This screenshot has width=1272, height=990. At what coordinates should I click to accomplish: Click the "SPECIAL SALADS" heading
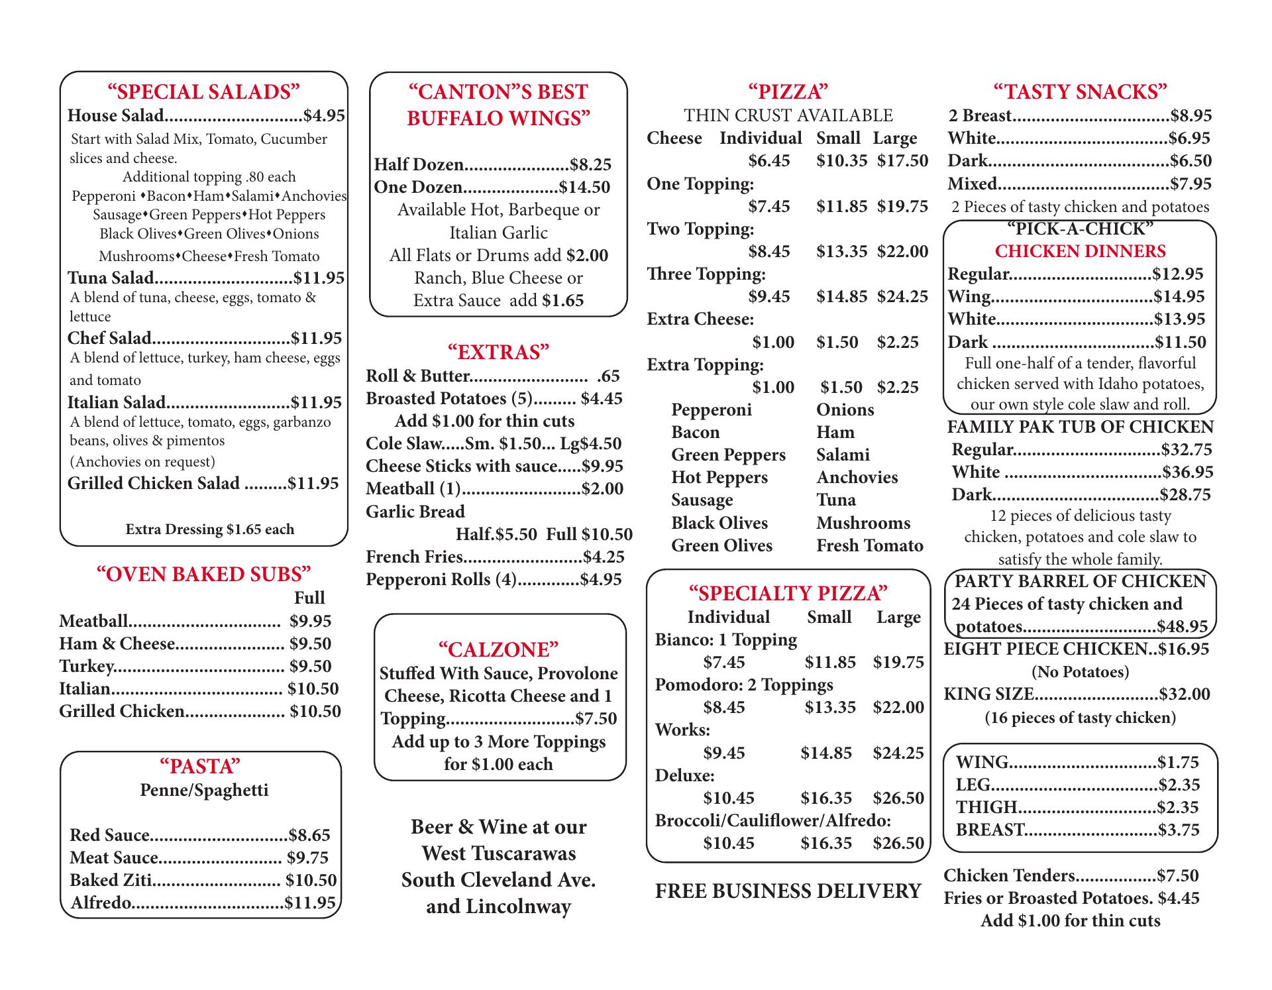pos(203,91)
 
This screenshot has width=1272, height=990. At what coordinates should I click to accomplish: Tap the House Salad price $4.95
pos(324,116)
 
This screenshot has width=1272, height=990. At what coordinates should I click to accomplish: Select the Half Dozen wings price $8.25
pos(590,164)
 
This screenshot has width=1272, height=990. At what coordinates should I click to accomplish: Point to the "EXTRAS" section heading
pos(498,352)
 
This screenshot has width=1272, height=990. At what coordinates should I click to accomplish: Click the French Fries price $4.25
pos(604,557)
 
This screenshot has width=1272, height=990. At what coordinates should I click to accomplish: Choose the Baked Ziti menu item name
pos(111,880)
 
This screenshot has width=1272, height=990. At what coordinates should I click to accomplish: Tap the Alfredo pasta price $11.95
pos(310,903)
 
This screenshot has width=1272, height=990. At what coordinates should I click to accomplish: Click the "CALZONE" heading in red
pos(498,649)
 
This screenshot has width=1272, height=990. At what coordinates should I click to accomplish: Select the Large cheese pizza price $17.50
pos(902,161)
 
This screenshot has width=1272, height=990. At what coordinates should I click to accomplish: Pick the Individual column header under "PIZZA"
pos(761,138)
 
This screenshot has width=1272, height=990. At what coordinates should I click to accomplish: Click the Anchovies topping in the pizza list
pos(857,477)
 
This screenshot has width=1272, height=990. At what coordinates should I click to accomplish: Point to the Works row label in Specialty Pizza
pos(682,730)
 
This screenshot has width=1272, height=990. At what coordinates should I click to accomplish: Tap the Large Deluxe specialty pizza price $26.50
pos(898,798)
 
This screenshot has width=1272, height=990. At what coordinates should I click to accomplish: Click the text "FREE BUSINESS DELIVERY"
pos(788,891)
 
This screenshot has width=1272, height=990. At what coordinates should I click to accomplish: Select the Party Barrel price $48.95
pos(1182,626)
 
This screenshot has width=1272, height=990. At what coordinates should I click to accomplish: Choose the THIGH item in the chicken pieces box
pos(986,807)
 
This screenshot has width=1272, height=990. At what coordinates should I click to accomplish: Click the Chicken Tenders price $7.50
pos(1177,875)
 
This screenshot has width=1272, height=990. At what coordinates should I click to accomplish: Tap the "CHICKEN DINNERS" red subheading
pos(1080,251)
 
